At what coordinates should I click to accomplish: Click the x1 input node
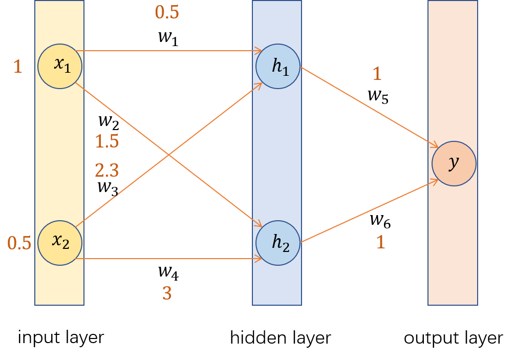tap(60, 66)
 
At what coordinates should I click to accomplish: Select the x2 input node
tap(60, 243)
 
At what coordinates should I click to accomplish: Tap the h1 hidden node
tap(278, 66)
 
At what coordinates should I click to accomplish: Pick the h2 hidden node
tap(278, 243)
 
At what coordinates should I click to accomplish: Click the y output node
tap(454, 163)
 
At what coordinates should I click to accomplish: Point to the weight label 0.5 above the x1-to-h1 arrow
tap(167, 12)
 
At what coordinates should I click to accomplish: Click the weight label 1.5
tap(106, 141)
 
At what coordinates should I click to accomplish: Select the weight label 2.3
tap(106, 171)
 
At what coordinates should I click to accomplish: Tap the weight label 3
tap(167, 293)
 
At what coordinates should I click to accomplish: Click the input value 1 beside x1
tap(18, 67)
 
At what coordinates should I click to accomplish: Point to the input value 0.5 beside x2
tap(19, 243)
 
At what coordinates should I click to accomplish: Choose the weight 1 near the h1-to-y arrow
tap(377, 74)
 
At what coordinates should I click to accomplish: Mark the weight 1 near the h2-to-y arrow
tap(380, 242)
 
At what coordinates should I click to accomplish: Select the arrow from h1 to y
tap(369, 107)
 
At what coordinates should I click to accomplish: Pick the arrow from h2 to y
tap(369, 211)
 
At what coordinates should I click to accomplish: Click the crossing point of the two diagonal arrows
tap(168, 155)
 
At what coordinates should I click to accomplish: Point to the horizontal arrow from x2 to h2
tap(169, 259)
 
